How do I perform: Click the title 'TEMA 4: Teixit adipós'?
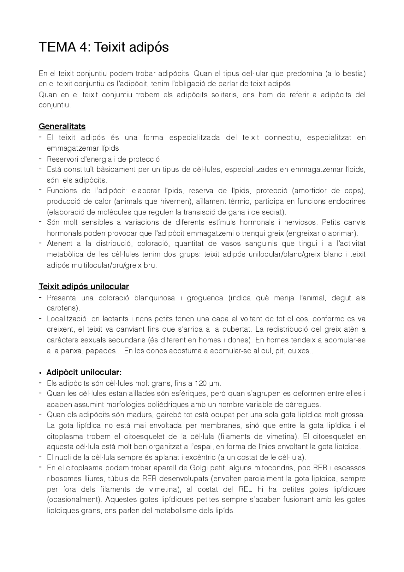pos(104,47)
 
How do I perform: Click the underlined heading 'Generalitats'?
pos(62,126)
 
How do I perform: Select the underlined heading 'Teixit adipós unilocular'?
pos(84,286)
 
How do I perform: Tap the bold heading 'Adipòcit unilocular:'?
pos(84,372)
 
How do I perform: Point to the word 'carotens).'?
pos(63,308)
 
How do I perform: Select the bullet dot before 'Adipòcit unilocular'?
pos(40,373)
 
